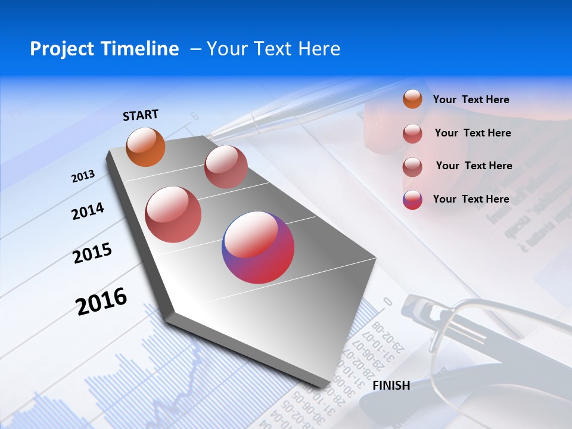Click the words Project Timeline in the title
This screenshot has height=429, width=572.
click(x=104, y=49)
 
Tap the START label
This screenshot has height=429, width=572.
click(x=141, y=115)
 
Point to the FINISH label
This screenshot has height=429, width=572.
click(x=391, y=386)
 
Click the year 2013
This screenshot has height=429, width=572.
click(x=83, y=176)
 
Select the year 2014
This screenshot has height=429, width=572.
click(x=88, y=211)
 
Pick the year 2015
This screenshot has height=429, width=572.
click(x=92, y=253)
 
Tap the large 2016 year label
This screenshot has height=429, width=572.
click(x=101, y=301)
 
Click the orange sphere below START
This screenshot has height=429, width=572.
click(x=146, y=147)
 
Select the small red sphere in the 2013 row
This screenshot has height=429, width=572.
click(x=226, y=167)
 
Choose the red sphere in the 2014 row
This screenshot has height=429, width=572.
click(x=173, y=214)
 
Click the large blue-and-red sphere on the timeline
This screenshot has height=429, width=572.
click(x=258, y=247)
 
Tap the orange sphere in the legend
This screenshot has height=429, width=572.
click(x=412, y=100)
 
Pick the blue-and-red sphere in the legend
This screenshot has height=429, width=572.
click(x=412, y=200)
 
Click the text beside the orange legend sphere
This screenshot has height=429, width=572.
click(x=471, y=100)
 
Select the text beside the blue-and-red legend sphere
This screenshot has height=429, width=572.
click(x=471, y=199)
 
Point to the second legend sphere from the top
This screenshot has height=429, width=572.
click(x=412, y=133)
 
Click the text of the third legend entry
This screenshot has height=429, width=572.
click(x=474, y=166)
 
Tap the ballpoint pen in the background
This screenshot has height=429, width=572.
click(x=262, y=122)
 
